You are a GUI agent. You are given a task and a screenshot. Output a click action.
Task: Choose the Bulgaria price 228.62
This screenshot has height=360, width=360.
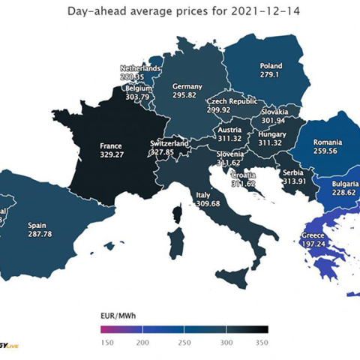point(344,192)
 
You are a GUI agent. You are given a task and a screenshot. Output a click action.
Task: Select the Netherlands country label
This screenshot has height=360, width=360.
point(139,68)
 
